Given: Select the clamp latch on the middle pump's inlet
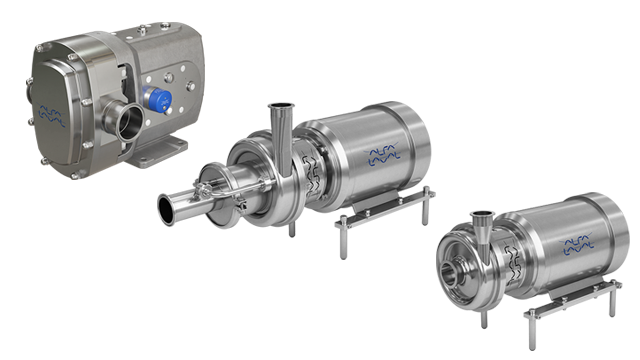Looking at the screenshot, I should pos(212,186).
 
